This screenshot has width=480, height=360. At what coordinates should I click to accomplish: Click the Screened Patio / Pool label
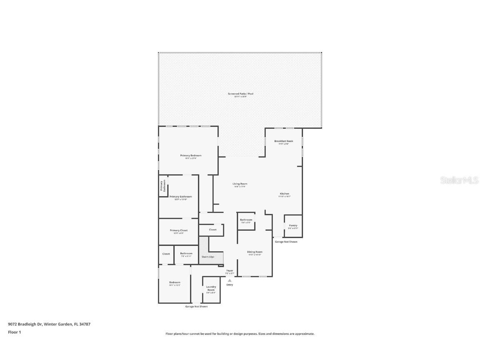(240, 94)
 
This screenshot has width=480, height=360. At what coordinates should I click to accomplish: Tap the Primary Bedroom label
(191, 156)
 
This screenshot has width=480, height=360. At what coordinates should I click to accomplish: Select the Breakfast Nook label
(283, 141)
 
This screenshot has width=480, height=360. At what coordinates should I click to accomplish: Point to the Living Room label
(240, 184)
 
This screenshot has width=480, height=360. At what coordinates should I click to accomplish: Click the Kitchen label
(284, 194)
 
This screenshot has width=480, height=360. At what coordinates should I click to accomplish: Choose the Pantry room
(293, 226)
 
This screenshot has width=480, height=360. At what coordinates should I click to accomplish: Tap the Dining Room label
(254, 252)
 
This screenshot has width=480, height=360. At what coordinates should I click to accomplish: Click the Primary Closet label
(178, 231)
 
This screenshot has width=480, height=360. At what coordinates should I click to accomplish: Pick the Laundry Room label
(211, 288)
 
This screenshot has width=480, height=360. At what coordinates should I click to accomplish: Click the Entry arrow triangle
(229, 280)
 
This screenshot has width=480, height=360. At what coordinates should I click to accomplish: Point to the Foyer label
(230, 271)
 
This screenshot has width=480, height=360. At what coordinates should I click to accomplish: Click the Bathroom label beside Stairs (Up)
(186, 254)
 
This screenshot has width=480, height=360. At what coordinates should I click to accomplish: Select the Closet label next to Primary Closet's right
(212, 230)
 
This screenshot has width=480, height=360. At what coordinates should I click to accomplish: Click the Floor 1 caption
(14, 332)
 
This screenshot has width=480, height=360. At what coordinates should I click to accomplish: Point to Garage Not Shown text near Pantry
(285, 242)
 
